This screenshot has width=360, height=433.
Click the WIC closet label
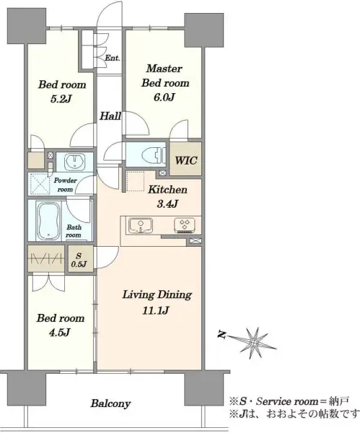186,160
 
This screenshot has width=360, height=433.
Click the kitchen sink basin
141,225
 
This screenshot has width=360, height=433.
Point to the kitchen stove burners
185,224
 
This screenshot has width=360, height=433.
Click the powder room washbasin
74,162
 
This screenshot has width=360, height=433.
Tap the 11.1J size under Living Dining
155,310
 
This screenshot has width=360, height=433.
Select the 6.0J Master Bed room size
164,97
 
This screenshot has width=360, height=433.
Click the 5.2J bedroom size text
61,99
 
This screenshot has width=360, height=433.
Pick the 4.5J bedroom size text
59,333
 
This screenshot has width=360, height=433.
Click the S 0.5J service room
79,260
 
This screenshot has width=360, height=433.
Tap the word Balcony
110,403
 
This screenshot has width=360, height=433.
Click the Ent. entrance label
113,58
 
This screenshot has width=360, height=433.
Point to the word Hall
110,116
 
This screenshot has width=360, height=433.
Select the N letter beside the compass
221,335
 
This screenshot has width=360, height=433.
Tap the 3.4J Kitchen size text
167,204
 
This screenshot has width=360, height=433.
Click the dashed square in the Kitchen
136,181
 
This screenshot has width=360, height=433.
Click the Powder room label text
65,185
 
